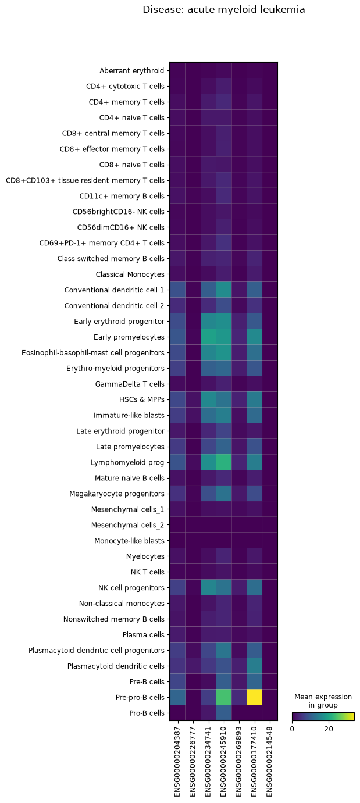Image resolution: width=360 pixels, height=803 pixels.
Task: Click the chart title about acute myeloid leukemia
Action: [224, 10]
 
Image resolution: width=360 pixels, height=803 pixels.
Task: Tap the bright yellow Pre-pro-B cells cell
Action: [255, 697]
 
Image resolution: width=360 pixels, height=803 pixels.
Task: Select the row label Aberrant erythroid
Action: [131, 70]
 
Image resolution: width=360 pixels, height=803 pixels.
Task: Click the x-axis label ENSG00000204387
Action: [177, 762]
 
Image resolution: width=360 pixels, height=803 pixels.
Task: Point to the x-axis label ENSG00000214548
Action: [270, 762]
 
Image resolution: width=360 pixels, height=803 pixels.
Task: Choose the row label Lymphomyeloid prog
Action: [127, 462]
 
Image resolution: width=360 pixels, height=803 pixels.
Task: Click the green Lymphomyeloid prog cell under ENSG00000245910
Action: [224, 462]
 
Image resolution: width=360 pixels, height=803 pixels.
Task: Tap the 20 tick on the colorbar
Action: [329, 729]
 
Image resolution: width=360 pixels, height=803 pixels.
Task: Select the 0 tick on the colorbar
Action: [292, 729]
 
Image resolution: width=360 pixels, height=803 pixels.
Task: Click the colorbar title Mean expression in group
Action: [323, 701]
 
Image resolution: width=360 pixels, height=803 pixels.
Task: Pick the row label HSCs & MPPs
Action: [142, 399]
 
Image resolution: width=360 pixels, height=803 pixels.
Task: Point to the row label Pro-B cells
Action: [147, 713]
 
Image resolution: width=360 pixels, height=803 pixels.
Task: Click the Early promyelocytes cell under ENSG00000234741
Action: [208, 337]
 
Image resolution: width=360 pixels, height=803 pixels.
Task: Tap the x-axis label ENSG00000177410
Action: [254, 762]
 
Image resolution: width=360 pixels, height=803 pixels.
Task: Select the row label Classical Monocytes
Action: [130, 274]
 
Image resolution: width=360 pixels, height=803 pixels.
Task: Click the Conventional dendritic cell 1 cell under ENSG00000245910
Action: [224, 290]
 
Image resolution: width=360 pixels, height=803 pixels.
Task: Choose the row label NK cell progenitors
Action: [131, 587]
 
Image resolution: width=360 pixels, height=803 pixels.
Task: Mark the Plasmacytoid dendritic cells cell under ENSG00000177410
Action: [255, 666]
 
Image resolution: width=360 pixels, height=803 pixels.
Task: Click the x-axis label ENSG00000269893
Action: [239, 762]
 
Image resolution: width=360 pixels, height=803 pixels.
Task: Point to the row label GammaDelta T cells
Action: [130, 384]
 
